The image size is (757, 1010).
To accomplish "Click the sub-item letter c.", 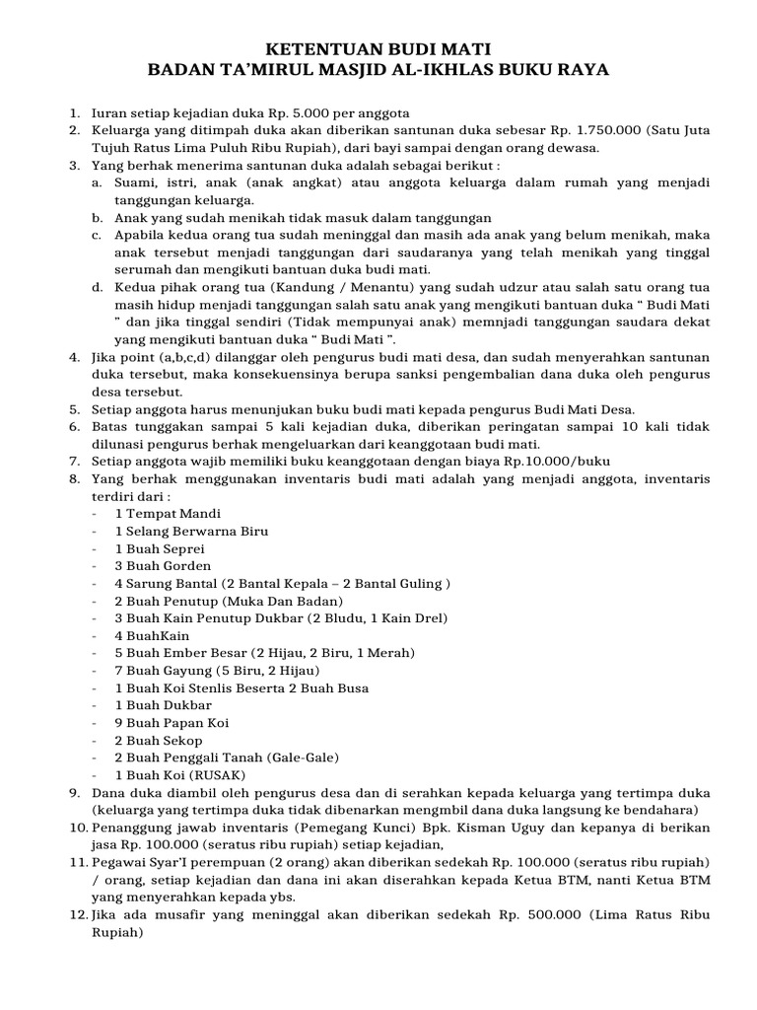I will tap(97, 236).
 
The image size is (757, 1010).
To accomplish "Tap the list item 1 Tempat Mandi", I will tap(168, 514).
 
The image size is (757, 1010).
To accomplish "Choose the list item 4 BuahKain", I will tap(152, 636).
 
